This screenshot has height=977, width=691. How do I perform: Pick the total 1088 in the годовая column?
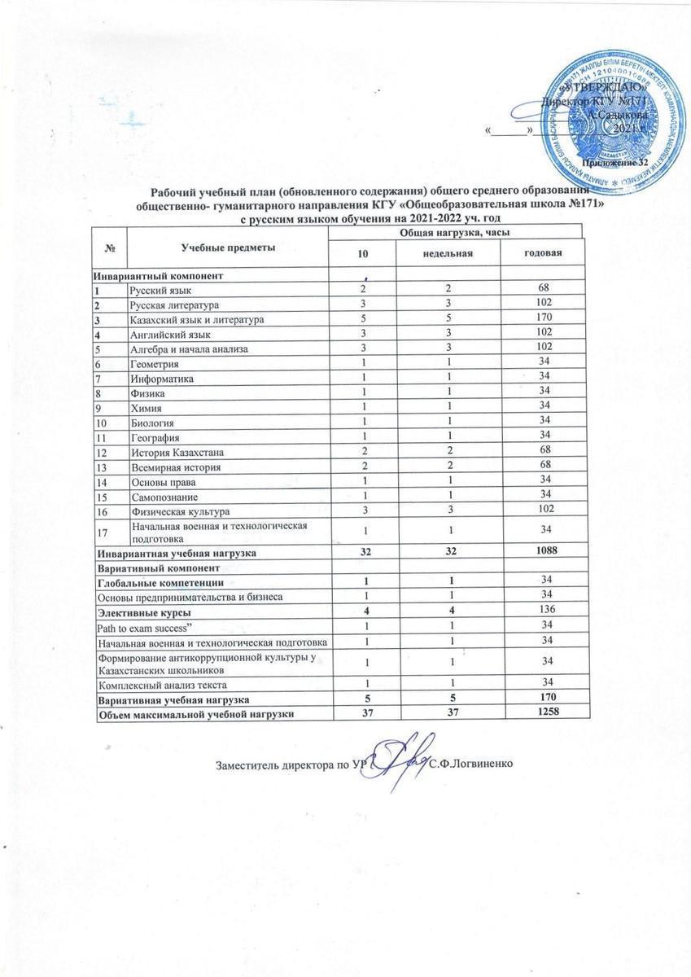pyautogui.click(x=536, y=553)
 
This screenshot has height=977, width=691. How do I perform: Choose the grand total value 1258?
pyautogui.click(x=536, y=713)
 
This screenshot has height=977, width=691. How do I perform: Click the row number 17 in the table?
pyautogui.click(x=103, y=532)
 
